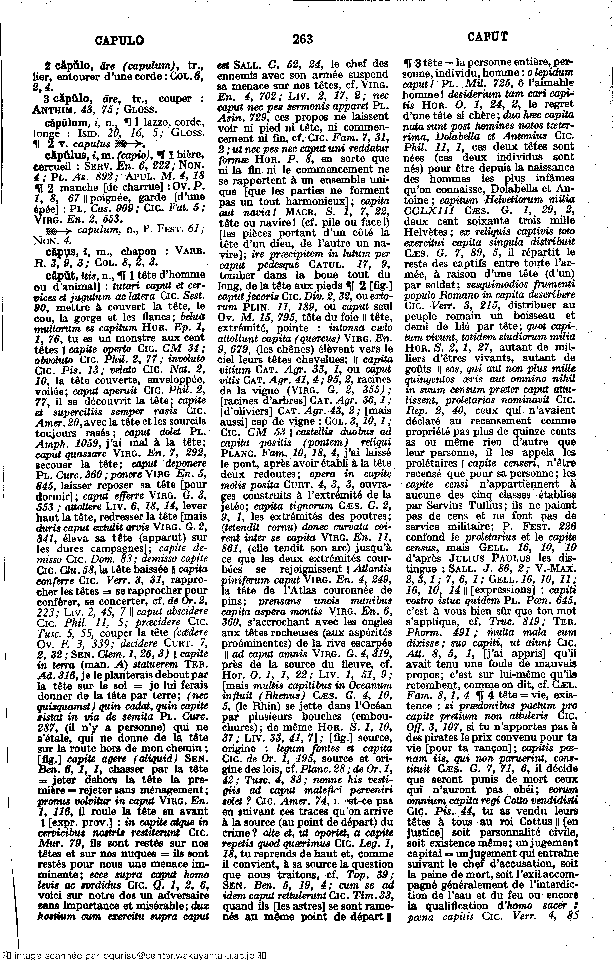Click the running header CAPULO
(x=120, y=40)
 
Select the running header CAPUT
(x=488, y=37)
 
